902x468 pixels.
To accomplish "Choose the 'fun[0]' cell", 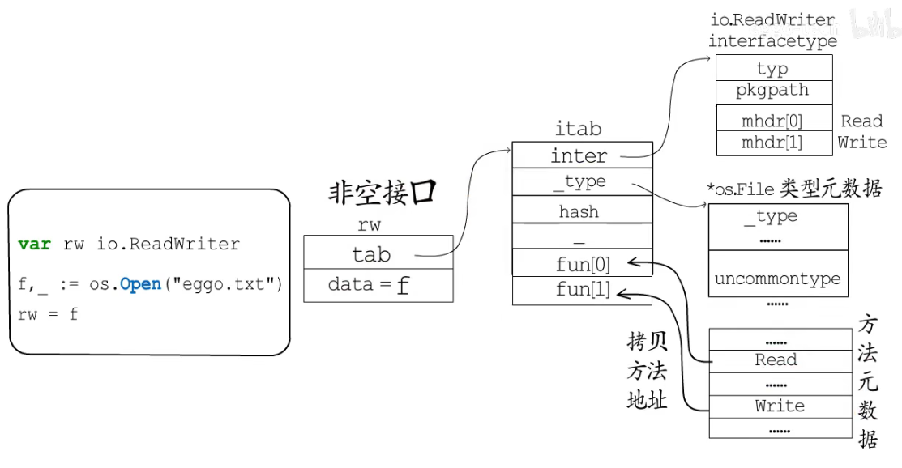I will (581, 263).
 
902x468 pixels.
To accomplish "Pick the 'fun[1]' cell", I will (581, 290).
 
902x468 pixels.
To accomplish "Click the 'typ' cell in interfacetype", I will (773, 69).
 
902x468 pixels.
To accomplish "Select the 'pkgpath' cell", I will (773, 91).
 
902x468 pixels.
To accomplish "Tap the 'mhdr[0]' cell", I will (773, 121).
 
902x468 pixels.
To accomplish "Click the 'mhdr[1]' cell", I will (773, 143).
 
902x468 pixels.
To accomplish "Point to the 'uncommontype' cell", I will (777, 279).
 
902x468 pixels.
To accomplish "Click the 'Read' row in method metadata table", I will (776, 360).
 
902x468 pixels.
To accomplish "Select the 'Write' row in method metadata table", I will (779, 406).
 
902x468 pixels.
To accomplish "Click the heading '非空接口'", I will (382, 193).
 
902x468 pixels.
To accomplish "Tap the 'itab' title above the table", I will (578, 129).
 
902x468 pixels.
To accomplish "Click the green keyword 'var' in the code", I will (34, 244).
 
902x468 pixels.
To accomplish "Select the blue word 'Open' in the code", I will (140, 285).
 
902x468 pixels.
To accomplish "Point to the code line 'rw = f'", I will (48, 314).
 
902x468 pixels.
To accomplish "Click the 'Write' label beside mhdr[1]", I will (861, 143).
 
